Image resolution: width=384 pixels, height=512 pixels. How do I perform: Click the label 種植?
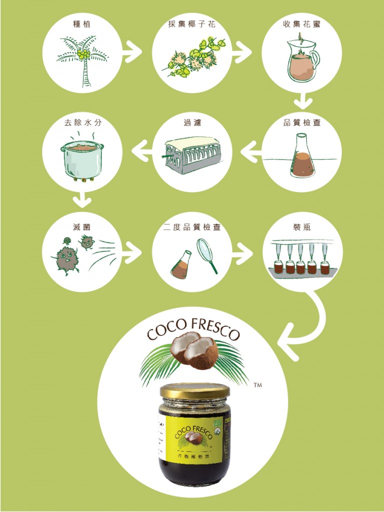[82, 23]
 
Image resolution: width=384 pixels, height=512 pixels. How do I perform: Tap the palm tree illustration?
[82, 60]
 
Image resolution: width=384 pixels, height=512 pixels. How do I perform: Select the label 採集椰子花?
[192, 23]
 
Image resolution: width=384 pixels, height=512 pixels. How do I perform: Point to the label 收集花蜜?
[302, 23]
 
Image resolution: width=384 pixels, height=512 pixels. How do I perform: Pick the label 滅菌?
[82, 227]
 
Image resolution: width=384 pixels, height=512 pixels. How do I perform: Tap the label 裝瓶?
[302, 227]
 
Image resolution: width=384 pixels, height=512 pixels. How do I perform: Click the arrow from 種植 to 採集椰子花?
[132, 52]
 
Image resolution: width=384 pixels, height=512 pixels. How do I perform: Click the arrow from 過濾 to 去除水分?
[141, 148]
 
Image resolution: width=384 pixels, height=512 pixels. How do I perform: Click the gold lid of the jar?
[194, 390]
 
